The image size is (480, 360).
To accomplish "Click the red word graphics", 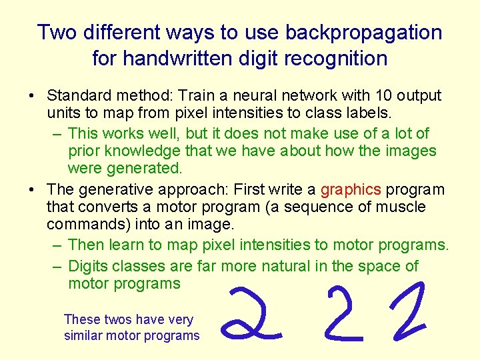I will (x=351, y=190).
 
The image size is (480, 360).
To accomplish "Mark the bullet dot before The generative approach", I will (x=33, y=191).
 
